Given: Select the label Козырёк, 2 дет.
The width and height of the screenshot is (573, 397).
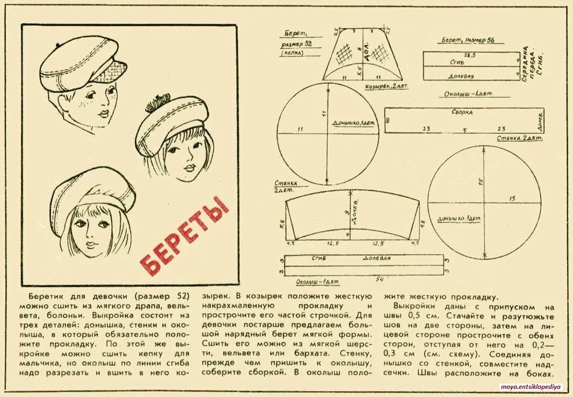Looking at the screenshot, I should coord(383,86).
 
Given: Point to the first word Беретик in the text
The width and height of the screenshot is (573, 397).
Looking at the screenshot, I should coord(43,297).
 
